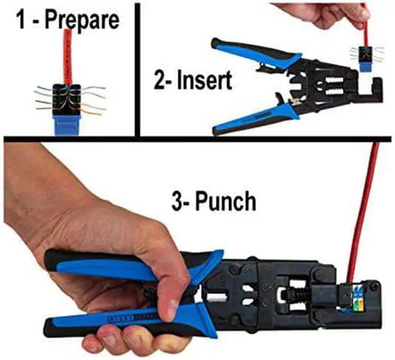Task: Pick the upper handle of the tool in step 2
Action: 247,52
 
